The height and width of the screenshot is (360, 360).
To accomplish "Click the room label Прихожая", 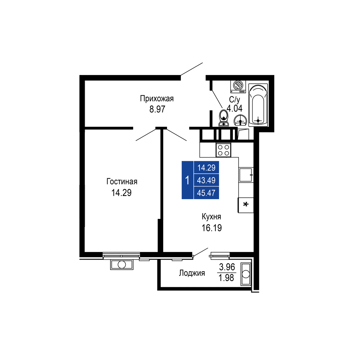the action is pyautogui.click(x=157, y=99).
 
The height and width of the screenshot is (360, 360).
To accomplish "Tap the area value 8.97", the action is pyautogui.click(x=157, y=109).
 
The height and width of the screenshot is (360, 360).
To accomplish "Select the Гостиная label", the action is pyautogui.click(x=122, y=181).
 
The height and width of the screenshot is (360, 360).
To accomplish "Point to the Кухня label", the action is pyautogui.click(x=211, y=217).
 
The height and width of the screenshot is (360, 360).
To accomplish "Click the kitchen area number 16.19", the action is pyautogui.click(x=212, y=228).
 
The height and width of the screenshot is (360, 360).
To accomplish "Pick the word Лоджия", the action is pyautogui.click(x=192, y=273).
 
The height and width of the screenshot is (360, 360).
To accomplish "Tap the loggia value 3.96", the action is pyautogui.click(x=227, y=267).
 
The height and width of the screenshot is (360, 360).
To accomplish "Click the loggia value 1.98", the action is pyautogui.click(x=226, y=278).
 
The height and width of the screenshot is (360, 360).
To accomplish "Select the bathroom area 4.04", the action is pyautogui.click(x=235, y=108).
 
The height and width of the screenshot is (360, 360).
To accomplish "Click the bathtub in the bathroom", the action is pyautogui.click(x=258, y=105).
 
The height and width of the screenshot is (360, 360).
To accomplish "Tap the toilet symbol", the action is pyautogui.click(x=223, y=118).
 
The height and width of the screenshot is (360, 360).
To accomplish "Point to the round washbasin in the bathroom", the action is pyautogui.click(x=240, y=120).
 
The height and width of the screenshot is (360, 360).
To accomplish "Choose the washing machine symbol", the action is pyautogui.click(x=238, y=87).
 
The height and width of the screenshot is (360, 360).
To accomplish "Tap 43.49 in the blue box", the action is pyautogui.click(x=206, y=180).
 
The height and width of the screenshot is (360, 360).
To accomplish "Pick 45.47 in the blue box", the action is pyautogui.click(x=206, y=193).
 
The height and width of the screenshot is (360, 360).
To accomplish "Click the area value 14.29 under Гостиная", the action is pyautogui.click(x=121, y=193).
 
